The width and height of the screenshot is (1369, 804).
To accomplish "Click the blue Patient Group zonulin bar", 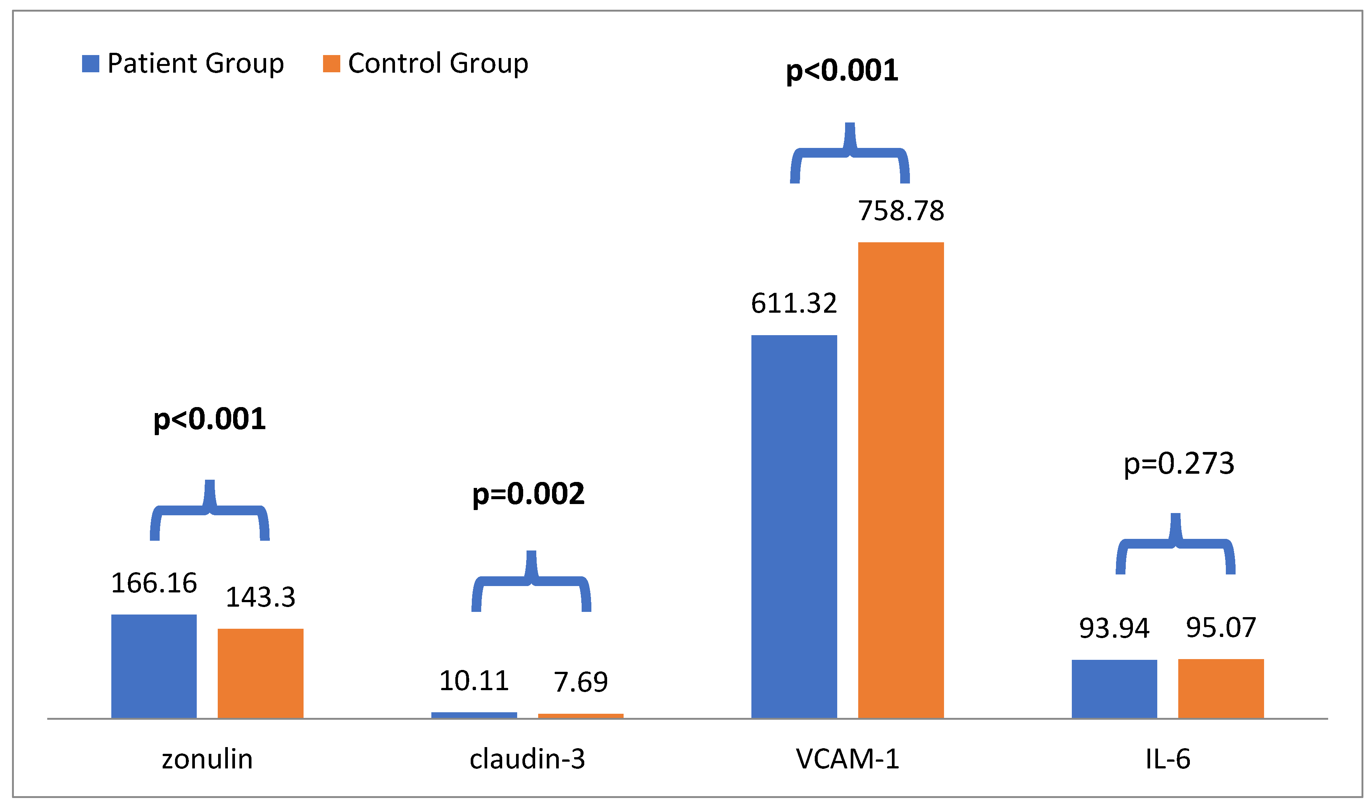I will tap(154, 667).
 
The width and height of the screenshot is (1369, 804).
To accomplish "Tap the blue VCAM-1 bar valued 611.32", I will tap(794, 527).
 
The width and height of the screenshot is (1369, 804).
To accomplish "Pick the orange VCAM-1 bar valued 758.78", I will tap(901, 480).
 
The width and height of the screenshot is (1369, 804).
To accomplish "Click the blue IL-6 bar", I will tap(1114, 689).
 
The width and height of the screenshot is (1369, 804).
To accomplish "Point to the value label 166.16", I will tap(154, 583).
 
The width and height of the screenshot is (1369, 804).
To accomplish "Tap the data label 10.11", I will tap(474, 681).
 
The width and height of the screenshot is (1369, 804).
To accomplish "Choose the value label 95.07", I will tap(1221, 628).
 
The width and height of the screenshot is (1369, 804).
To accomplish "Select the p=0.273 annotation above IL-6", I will tap(1179, 464).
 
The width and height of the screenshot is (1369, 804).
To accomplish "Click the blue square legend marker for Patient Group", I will tap(90, 64).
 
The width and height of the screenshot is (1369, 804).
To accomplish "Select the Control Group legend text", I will tap(438, 64).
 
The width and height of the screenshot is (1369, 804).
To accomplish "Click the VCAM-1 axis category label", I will tap(847, 759).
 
